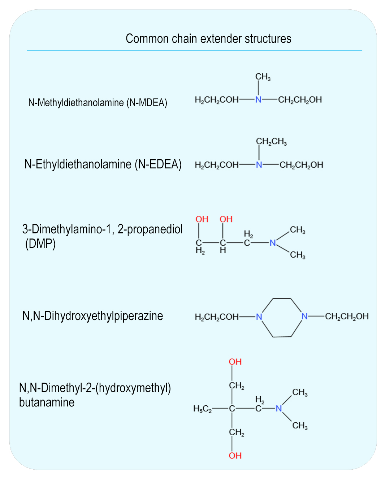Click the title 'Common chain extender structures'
[x=208, y=39]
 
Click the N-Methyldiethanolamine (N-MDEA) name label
[x=97, y=103]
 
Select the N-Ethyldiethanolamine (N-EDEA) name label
[x=103, y=164]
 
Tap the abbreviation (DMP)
[x=40, y=244]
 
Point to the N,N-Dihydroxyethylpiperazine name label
[x=93, y=316]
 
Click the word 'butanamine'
[x=47, y=402]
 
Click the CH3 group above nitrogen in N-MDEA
[x=263, y=77]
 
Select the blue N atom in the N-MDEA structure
[x=258, y=100]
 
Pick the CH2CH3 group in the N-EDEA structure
[x=272, y=142]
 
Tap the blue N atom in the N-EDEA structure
[x=259, y=165]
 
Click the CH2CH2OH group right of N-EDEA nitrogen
[x=301, y=165]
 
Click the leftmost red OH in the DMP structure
[x=202, y=219]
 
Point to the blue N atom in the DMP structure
[x=273, y=243]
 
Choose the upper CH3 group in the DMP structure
[x=298, y=230]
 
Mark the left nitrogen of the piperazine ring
[x=259, y=317]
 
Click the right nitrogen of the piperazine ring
[x=304, y=316]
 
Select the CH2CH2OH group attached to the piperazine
[x=347, y=316]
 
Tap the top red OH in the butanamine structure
[x=235, y=362]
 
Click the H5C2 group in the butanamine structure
[x=203, y=409]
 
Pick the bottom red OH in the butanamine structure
[x=235, y=456]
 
